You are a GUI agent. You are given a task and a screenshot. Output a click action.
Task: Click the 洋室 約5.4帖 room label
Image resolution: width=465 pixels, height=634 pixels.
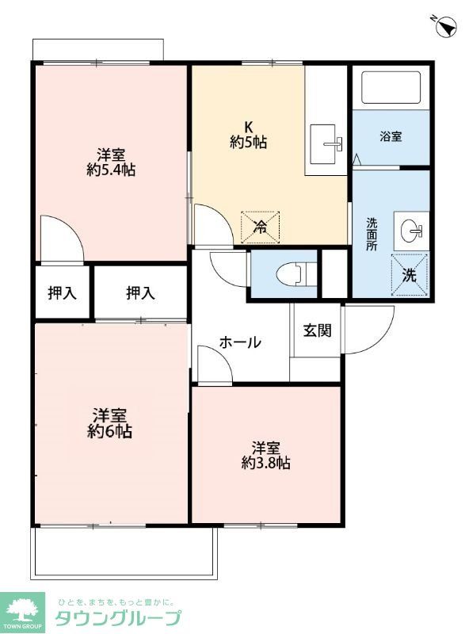tap(110, 162)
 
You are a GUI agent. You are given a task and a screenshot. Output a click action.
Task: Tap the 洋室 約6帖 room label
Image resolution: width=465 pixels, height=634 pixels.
tap(110, 423)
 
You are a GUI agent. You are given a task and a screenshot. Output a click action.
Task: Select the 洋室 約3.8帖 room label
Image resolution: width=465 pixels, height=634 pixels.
tap(265, 455)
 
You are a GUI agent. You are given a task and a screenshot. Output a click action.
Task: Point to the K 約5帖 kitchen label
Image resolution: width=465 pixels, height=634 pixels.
tap(248, 135)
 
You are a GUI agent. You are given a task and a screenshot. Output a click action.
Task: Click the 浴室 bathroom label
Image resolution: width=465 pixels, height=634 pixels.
tap(391, 136)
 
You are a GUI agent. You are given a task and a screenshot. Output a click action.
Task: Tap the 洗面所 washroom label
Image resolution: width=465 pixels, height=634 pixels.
tap(372, 234)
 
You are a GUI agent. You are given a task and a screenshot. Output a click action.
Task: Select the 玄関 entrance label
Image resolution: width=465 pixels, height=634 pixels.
tap(317, 330)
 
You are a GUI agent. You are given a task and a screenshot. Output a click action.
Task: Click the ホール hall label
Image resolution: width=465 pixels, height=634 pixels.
tap(240, 342)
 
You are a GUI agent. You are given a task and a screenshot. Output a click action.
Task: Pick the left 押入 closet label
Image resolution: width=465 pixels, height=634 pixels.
tap(63, 293)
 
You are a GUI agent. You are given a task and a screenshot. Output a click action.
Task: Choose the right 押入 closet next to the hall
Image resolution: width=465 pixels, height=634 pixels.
tap(140, 293)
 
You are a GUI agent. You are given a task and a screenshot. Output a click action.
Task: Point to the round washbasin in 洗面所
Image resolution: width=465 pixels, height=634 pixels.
tap(411, 231)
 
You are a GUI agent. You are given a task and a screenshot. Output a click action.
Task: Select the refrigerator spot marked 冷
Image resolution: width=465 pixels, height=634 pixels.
tap(260, 227)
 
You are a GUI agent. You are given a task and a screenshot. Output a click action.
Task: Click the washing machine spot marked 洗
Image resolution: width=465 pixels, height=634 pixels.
tap(410, 275)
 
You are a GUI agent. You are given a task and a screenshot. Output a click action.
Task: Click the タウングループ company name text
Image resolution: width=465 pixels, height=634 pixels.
tap(117, 619)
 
